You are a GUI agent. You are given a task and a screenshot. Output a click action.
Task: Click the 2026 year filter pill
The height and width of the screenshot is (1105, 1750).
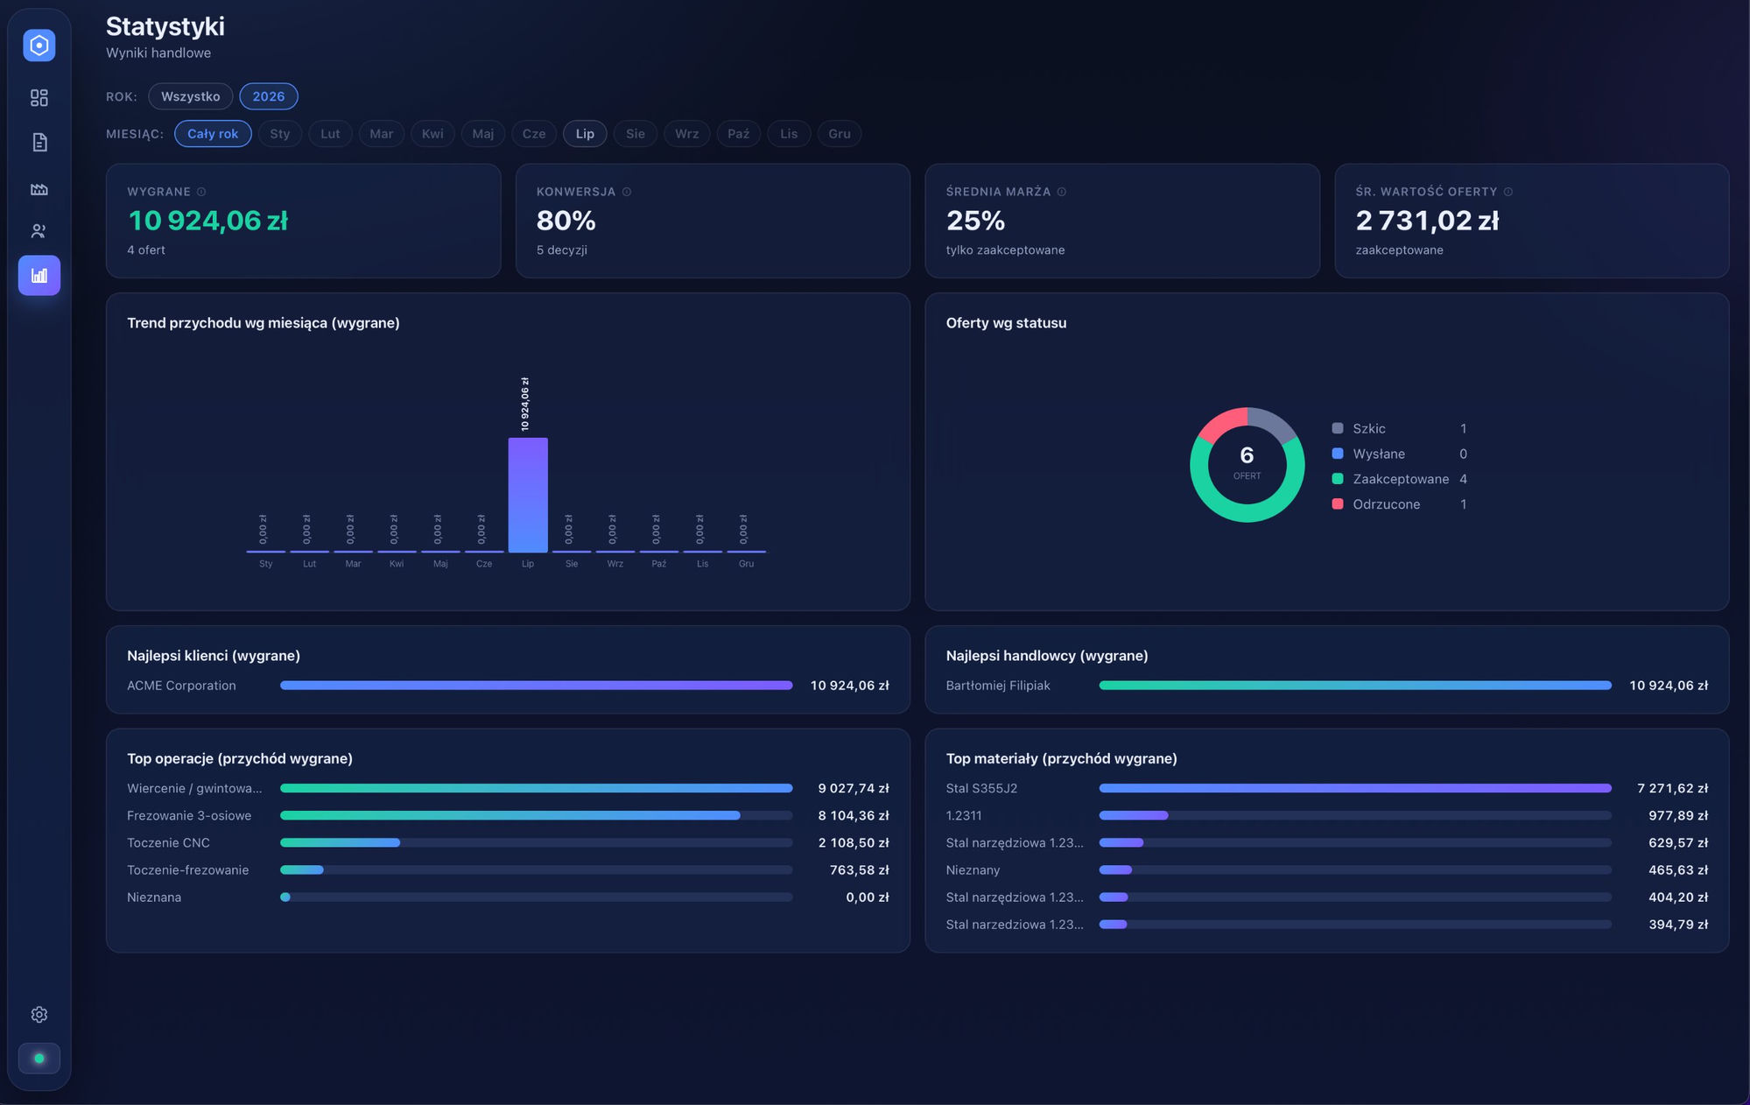click(269, 96)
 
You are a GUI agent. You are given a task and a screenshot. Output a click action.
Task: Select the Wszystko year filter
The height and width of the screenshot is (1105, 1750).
click(190, 96)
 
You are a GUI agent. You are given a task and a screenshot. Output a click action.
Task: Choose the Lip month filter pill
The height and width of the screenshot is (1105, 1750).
click(585, 134)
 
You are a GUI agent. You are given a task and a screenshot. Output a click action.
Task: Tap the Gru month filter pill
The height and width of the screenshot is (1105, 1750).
click(840, 134)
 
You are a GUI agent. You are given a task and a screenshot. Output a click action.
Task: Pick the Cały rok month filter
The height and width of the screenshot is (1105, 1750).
click(213, 134)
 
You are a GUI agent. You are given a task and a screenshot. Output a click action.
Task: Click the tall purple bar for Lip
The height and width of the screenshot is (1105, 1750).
click(528, 495)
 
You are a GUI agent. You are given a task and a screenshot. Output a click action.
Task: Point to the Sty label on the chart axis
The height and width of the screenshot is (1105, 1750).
click(266, 564)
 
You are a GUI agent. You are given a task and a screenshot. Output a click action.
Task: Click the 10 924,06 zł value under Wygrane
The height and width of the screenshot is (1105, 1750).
click(208, 221)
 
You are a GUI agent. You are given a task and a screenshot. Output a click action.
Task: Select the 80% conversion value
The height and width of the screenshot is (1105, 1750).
click(566, 221)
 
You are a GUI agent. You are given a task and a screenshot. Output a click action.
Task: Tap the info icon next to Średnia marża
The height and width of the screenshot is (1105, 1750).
click(1062, 192)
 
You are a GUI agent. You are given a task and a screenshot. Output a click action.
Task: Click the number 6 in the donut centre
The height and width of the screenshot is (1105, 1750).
click(1247, 455)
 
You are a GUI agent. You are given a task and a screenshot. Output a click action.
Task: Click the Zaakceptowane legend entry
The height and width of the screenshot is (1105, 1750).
click(1401, 479)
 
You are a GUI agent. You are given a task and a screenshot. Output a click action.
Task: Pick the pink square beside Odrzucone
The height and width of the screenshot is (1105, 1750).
click(1338, 503)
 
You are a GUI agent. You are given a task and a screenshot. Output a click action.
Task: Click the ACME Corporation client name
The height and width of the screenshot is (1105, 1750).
click(181, 686)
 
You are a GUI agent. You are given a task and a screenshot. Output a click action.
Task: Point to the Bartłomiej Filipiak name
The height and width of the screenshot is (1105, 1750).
click(998, 686)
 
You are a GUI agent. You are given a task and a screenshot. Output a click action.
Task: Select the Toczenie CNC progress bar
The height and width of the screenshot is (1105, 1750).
click(536, 842)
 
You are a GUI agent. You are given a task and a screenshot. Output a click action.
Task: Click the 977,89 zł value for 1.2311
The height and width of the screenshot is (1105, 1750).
click(1678, 815)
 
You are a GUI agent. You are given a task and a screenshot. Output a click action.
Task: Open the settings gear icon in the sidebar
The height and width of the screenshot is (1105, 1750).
click(39, 1015)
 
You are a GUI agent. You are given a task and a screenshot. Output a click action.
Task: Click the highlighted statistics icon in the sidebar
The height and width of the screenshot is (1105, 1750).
click(39, 276)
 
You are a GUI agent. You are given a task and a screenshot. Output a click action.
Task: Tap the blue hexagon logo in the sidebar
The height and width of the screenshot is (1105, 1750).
click(39, 46)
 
